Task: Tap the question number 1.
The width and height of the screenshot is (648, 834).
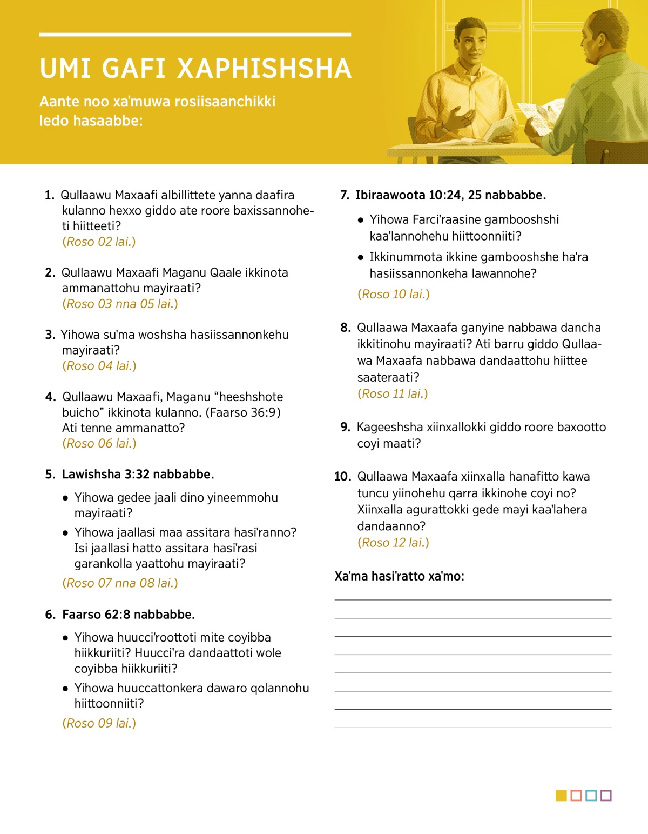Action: coord(50,195)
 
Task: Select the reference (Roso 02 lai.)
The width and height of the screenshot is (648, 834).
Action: coord(99,242)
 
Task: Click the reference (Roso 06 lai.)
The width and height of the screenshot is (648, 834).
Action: coord(99,443)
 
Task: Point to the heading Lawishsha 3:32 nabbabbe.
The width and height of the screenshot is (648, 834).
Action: coord(138,474)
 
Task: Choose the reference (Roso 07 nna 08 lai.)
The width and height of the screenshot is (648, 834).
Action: coord(120,583)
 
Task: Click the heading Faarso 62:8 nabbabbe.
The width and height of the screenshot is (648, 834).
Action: coord(129,615)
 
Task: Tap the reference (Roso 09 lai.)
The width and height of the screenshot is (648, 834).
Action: coord(99,723)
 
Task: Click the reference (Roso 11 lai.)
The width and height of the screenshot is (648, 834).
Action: coord(393,393)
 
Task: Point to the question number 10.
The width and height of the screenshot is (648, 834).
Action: coord(342,477)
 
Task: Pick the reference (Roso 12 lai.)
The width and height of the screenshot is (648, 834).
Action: coord(393,543)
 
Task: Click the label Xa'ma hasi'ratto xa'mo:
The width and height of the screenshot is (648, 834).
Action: coord(399,576)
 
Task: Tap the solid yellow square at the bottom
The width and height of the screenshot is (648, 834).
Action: coord(561,796)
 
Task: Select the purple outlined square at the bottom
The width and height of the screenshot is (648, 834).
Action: coord(606,796)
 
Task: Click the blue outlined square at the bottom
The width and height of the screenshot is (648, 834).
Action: coord(591,796)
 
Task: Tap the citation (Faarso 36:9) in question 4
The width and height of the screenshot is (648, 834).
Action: coord(243,412)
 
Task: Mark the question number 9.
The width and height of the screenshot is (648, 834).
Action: coord(346,427)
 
